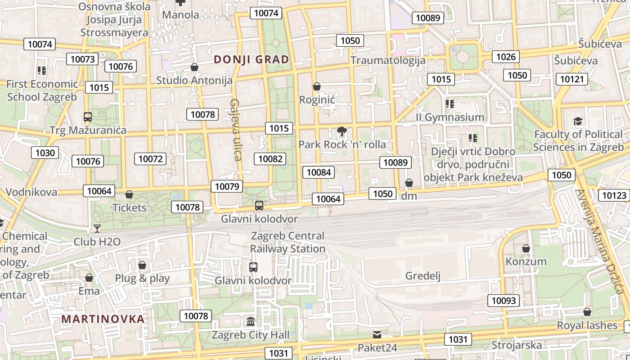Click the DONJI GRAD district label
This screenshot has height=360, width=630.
tap(251, 59)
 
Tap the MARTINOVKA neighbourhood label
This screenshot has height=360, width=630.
tap(103, 319)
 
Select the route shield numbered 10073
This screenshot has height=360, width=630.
tap(83, 59)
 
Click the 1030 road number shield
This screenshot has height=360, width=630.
tap(45, 153)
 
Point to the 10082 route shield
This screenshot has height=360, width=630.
tap(270, 158)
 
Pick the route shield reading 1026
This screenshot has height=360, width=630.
tap(506, 57)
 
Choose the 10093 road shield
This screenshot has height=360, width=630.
tap(504, 300)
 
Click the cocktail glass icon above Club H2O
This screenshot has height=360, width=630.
tap(97, 229)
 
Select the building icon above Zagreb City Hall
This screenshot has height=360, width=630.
tap(251, 322)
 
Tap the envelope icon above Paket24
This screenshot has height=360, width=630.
tap(377, 335)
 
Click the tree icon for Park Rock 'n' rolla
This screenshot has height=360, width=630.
tap(342, 132)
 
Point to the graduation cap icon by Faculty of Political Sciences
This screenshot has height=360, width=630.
tap(578, 121)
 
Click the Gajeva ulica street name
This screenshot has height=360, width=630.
tap(236, 130)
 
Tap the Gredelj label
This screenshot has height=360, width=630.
tap(423, 276)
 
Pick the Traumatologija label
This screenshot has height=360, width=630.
tap(388, 60)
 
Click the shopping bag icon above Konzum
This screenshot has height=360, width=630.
tap(526, 248)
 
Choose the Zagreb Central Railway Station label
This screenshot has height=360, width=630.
tap(288, 242)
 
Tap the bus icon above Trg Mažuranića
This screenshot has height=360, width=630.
tap(88, 117)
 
